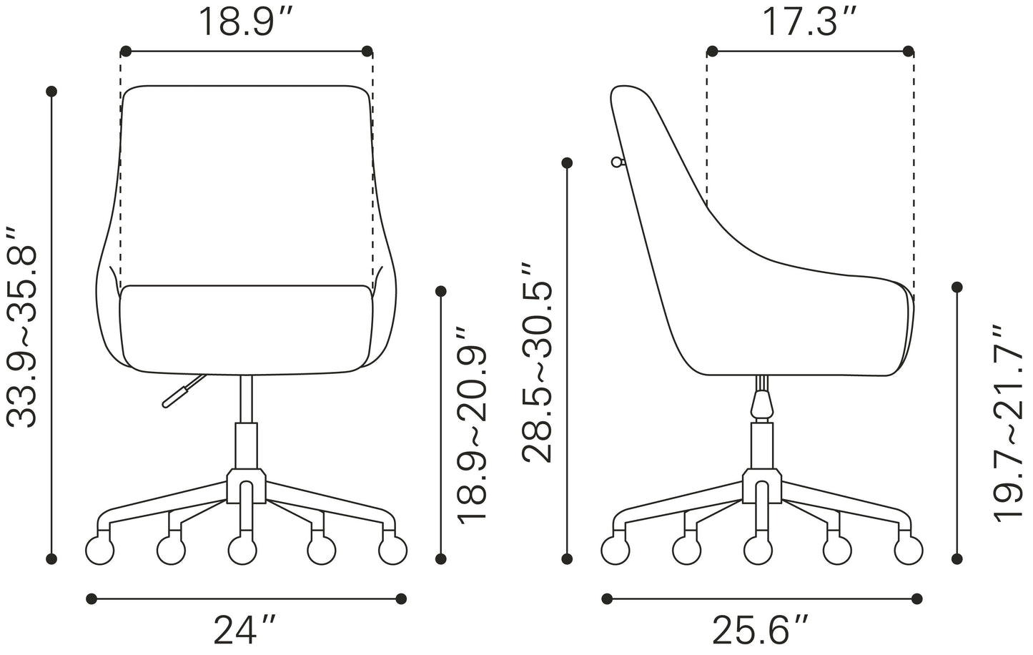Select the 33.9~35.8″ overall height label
coord(21,328)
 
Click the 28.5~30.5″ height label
coord(537,363)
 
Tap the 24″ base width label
coord(244,630)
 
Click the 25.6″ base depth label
coord(761,630)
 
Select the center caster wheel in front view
coord(243,551)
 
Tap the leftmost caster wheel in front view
coord(99,551)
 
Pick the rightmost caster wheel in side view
coord(909,551)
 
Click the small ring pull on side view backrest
coord(616,162)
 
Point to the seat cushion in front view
coord(247,329)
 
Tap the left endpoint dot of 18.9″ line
coord(126,51)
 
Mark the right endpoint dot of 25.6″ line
coord(917,598)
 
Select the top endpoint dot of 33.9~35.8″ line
coord(51,92)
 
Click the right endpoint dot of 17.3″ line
coord(909,51)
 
